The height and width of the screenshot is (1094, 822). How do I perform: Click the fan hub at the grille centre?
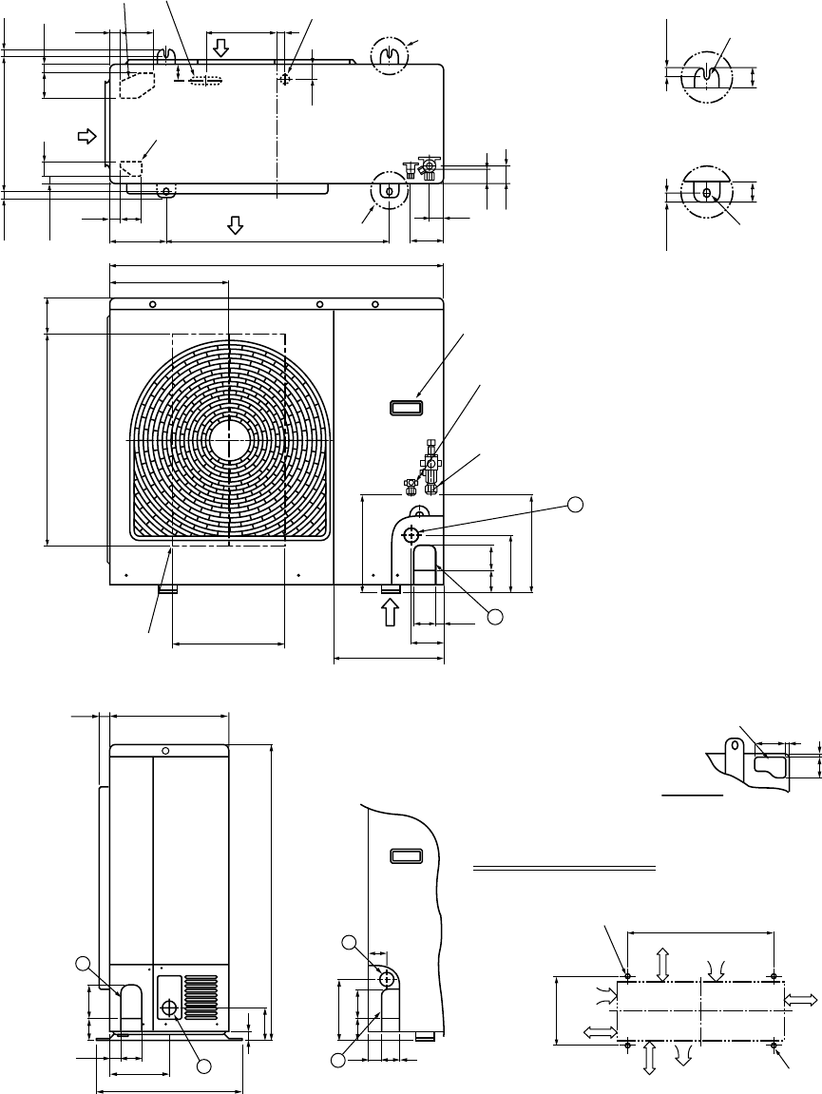[x=229, y=442]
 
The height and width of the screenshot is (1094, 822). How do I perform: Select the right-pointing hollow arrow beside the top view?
[x=87, y=135]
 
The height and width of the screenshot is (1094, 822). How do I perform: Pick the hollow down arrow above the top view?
[x=220, y=48]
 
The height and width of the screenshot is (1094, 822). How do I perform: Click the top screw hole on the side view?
[x=165, y=751]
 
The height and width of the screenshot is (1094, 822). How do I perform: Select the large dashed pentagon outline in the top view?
[x=135, y=83]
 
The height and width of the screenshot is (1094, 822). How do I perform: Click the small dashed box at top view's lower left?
[x=130, y=168]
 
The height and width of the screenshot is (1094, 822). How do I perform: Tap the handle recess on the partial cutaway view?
[x=405, y=856]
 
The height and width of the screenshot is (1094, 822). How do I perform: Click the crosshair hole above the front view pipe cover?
[x=412, y=534]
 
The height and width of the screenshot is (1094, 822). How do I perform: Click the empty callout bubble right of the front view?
[x=575, y=505]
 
